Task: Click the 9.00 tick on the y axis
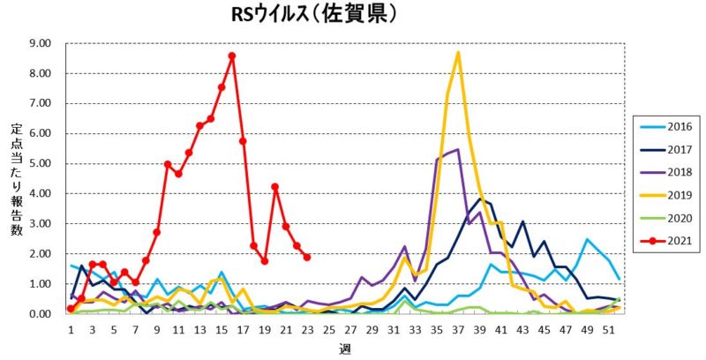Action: tap(41, 43)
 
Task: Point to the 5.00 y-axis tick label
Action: tap(41, 163)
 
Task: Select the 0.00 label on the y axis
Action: tap(41, 314)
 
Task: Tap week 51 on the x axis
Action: tap(608, 329)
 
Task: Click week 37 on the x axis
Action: tap(457, 329)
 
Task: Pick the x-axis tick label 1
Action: tap(71, 329)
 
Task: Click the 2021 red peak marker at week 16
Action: tap(232, 56)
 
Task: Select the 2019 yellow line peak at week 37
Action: tap(458, 52)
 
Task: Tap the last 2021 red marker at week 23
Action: tap(307, 257)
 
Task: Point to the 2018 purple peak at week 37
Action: tap(457, 149)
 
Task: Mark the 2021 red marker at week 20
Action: tap(275, 186)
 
